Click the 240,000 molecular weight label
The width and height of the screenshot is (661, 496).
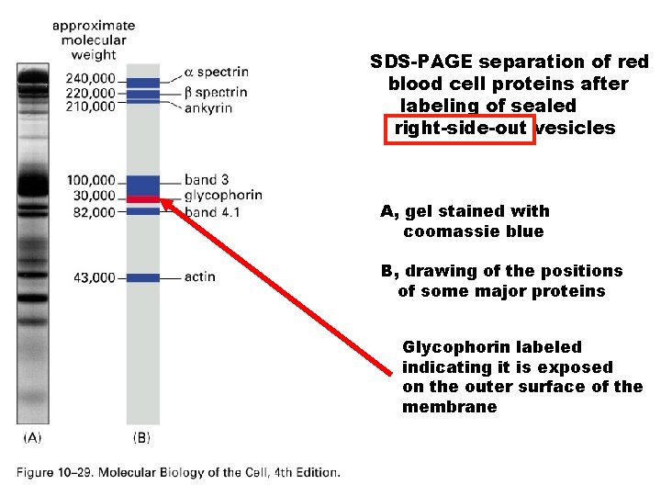tap(90, 78)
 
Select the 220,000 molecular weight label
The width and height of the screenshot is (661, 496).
tap(90, 92)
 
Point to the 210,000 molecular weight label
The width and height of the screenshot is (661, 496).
tap(90, 106)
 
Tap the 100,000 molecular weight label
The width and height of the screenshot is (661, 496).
tap(90, 181)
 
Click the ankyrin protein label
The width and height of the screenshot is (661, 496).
tap(208, 107)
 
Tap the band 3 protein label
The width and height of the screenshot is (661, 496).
tap(207, 180)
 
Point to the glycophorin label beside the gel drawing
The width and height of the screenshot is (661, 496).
tap(223, 195)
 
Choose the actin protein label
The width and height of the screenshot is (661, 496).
tap(200, 276)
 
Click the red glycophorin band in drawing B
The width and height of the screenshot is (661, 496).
tap(143, 199)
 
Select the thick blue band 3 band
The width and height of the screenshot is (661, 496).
tap(143, 185)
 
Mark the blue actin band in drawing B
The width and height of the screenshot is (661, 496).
tap(143, 276)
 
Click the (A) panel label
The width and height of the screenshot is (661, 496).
tap(32, 438)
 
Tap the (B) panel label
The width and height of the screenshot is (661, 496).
tap(141, 438)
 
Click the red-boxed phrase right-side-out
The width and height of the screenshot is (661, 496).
tap(460, 129)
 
